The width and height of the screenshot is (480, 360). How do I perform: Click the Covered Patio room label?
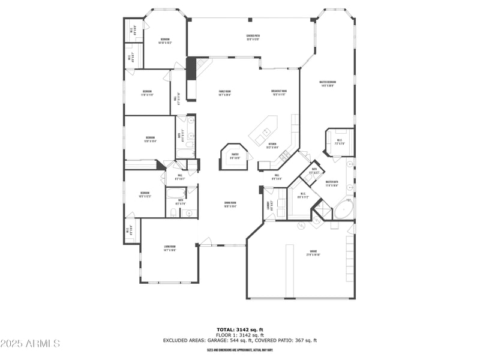point(253,37)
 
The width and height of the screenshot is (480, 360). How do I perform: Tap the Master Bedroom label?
point(327,83)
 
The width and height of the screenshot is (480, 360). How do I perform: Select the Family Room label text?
point(224,93)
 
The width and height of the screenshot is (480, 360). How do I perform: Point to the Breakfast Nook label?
point(279,93)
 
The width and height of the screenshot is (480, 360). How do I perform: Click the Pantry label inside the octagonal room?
point(235,156)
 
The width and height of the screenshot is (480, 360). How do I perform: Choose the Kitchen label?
point(272,146)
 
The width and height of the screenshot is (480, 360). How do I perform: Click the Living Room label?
point(169,248)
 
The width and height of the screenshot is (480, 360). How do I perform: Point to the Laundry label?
point(268,205)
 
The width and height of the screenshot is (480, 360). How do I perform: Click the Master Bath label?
point(332,184)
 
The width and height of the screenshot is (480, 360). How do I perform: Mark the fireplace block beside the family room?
point(191,68)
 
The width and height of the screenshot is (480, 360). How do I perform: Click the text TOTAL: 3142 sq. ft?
point(240,329)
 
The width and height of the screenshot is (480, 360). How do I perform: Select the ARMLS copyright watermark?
point(30,344)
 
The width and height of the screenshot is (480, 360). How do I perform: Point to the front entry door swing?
point(205,241)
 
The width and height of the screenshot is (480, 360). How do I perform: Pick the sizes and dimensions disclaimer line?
point(240,350)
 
